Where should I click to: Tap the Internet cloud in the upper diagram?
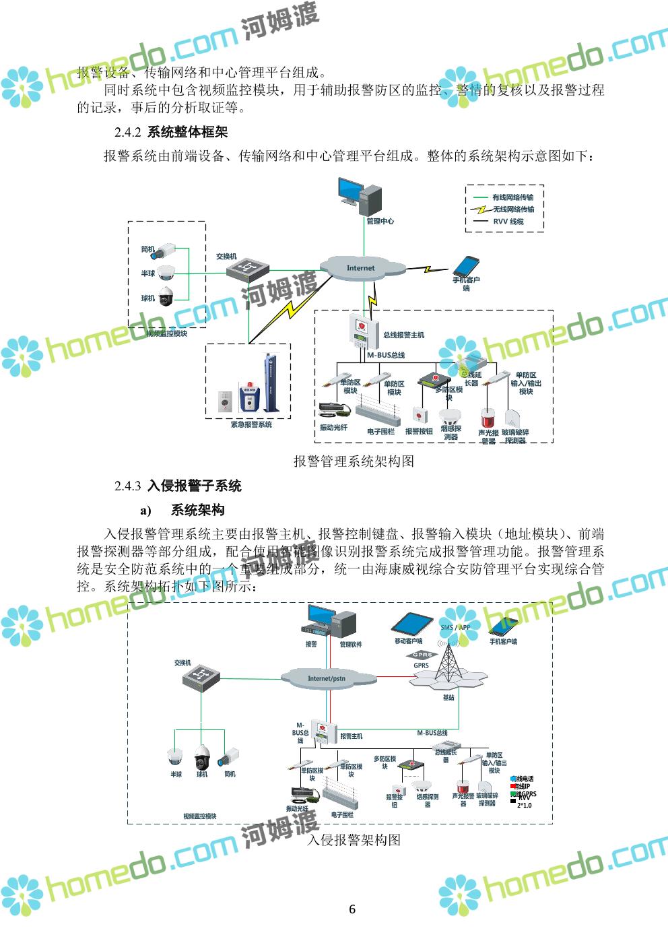pos(361,267)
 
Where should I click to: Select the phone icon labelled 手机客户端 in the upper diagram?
pos(467,265)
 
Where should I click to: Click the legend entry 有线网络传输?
pos(512,197)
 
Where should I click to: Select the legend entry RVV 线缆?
pos(508,222)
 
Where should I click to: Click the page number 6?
pos(352,909)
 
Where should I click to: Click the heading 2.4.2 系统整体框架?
pos(171,132)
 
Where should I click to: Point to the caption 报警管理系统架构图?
pos(354,461)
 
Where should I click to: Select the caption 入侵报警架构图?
pos(354,840)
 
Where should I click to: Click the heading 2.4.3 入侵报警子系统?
pos(178,486)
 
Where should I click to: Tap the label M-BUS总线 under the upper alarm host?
pos(386,355)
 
